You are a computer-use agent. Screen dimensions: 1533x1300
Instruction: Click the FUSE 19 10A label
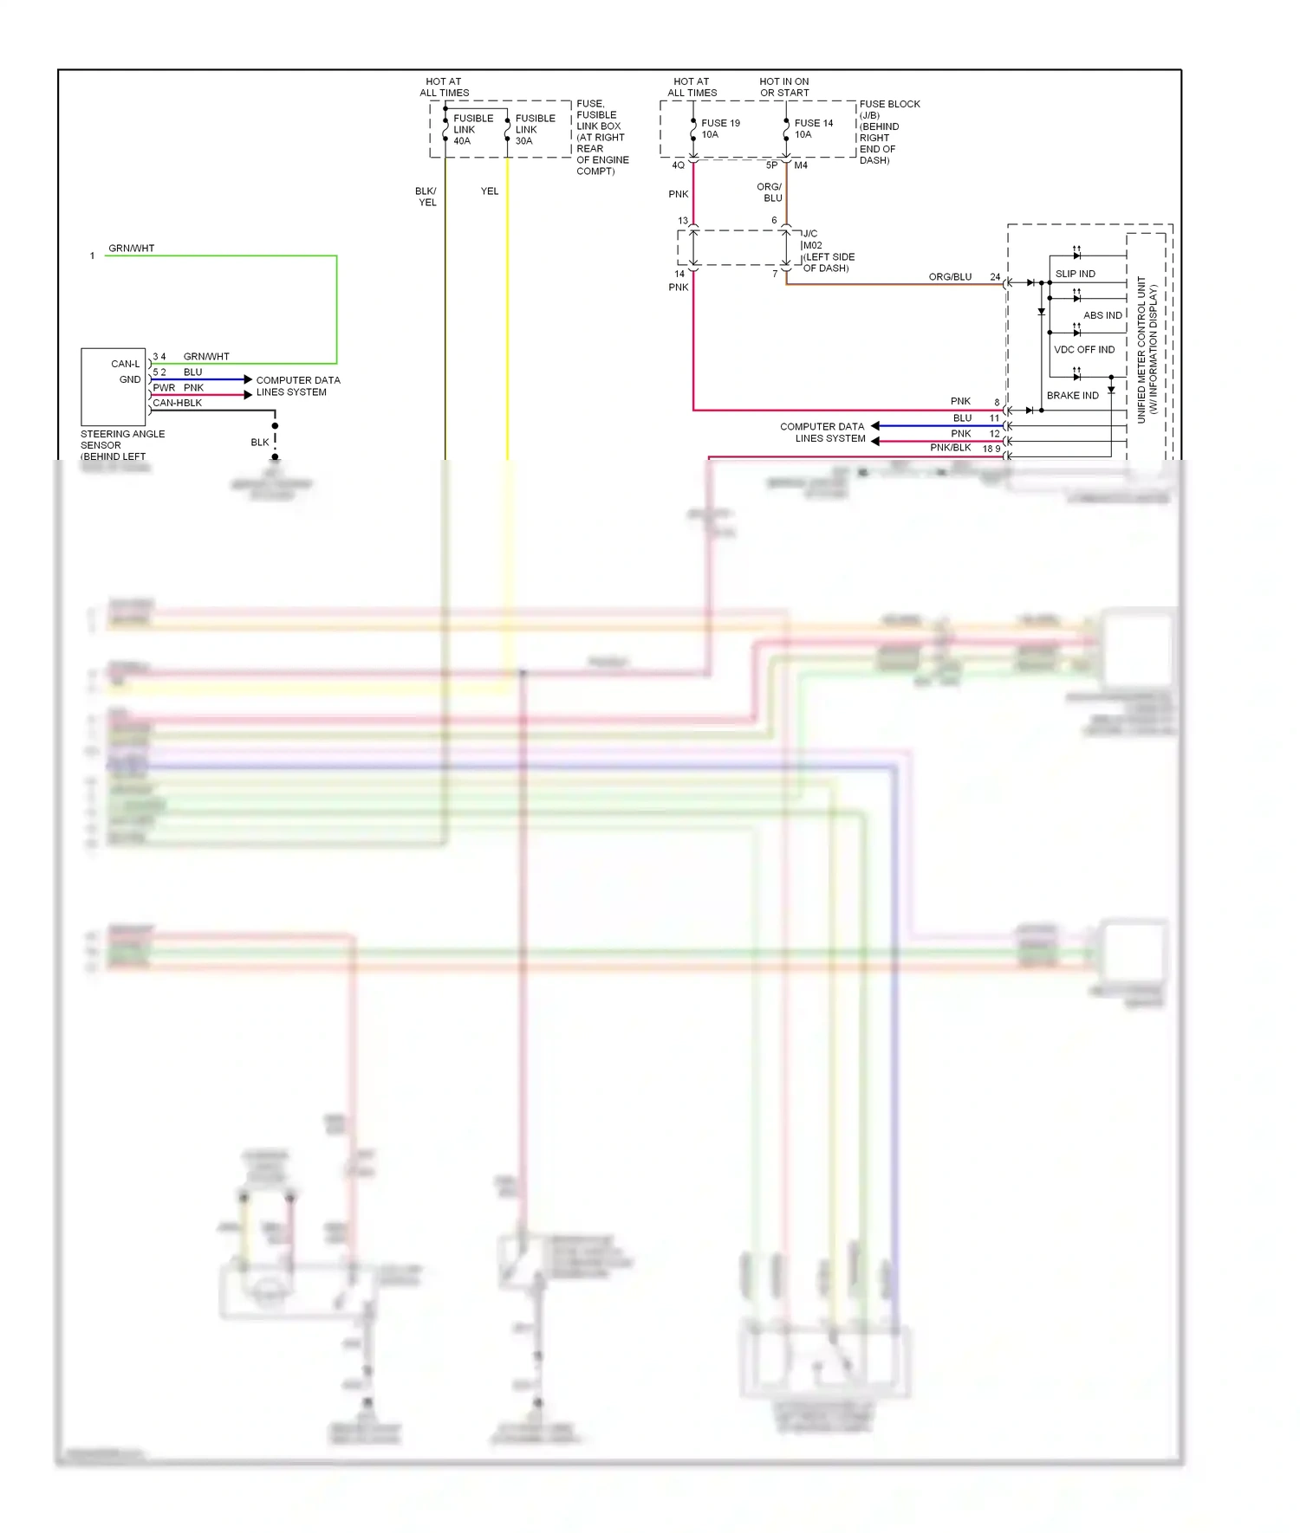719,128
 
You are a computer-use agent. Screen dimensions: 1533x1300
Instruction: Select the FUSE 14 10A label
813,128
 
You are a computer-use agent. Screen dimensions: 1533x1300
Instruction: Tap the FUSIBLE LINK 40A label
472,129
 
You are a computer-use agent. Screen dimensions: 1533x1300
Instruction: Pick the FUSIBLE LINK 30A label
535,129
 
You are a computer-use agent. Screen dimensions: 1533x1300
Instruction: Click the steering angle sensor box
113,386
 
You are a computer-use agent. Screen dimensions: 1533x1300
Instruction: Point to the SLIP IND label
1075,274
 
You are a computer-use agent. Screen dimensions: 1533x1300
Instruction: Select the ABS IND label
1102,315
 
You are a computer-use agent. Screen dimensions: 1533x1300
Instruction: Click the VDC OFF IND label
1083,350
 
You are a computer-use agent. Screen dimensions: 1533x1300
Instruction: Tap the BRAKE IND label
1072,396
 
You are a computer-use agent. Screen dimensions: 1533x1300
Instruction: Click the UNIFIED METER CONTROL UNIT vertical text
1147,349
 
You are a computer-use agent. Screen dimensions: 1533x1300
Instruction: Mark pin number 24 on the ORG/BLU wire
995,277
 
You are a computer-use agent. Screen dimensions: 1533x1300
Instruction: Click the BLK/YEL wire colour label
426,197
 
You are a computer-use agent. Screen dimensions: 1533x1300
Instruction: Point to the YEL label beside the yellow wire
490,191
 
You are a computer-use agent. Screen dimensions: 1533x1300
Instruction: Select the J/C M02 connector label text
827,251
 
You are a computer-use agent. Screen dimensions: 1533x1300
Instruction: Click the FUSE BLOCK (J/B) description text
888,132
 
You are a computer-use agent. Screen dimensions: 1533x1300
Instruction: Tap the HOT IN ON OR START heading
783,87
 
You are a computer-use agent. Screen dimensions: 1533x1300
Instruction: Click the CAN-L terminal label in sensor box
125,364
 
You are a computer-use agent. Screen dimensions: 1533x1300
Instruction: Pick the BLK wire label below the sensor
259,443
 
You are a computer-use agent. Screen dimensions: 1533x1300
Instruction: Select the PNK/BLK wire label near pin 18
950,448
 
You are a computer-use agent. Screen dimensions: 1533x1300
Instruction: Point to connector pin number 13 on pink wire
683,221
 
